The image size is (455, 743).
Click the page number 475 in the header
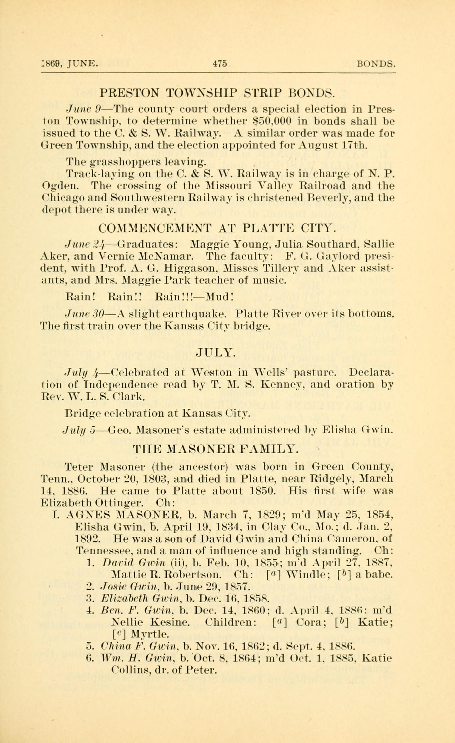pyautogui.click(x=220, y=64)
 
